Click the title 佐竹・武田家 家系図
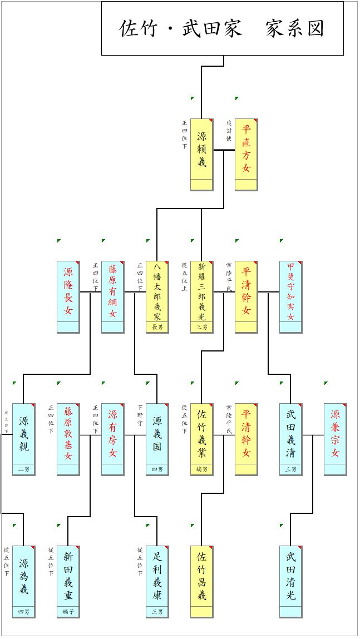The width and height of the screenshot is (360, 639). tap(222, 28)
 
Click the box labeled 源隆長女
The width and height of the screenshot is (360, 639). tap(68, 296)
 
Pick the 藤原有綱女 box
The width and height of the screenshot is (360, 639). tap(112, 296)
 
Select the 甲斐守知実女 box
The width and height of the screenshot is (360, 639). tap(290, 296)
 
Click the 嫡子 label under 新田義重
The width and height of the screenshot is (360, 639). tap(68, 612)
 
